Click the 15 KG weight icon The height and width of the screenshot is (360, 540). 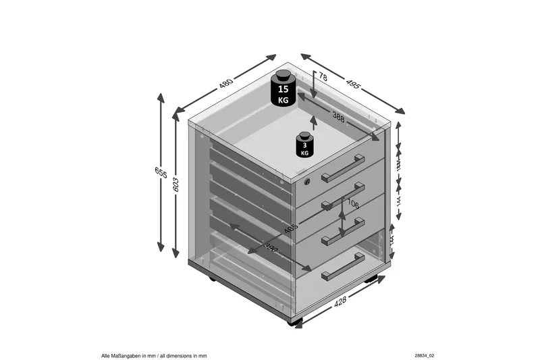pyautogui.click(x=283, y=88)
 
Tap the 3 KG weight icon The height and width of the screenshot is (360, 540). pyautogui.click(x=305, y=144)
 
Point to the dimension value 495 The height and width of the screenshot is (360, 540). pyautogui.click(x=352, y=84)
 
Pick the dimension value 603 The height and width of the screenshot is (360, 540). pyautogui.click(x=177, y=184)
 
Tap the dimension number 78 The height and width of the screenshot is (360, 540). pyautogui.click(x=323, y=79)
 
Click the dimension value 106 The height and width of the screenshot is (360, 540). pyautogui.click(x=352, y=203)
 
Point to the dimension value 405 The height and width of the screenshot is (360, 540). pyautogui.click(x=291, y=227)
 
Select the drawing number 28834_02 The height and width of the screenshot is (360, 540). pyautogui.click(x=425, y=354)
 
